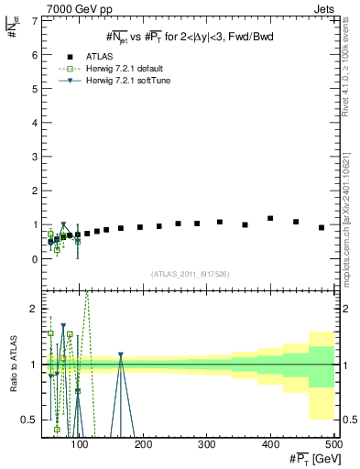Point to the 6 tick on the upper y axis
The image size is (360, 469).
click(35, 54)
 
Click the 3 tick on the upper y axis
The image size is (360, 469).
click(35, 157)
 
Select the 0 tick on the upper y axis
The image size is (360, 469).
click(35, 259)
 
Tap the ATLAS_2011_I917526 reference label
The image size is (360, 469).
click(189, 274)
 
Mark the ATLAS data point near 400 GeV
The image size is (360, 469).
click(270, 219)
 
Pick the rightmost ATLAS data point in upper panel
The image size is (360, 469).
click(322, 227)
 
